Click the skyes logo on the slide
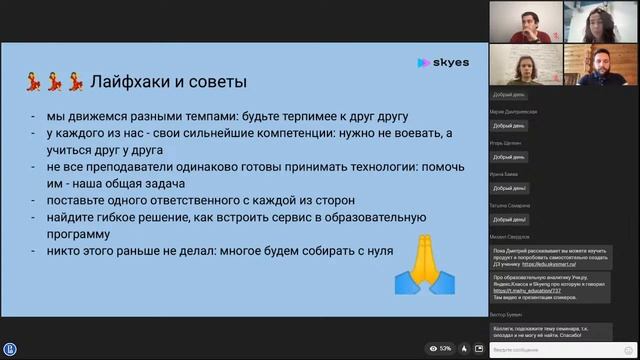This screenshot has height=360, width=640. coord(443,62)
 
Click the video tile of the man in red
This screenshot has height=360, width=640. coord(525,22)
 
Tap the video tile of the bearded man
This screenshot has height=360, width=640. coord(601,66)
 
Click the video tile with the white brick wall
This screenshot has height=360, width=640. coord(525,66)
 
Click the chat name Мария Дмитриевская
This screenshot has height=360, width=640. coord(515,112)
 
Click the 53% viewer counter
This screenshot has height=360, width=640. coord(440,349)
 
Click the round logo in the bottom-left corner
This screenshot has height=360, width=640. coord(10,349)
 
